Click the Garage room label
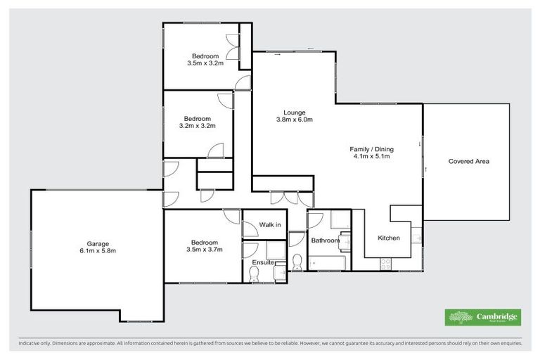pos(97,243)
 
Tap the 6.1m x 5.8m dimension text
pos(97,250)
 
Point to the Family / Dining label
pos(371,149)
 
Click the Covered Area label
pos(468,161)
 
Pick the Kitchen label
pos(389,238)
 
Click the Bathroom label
pos(326,240)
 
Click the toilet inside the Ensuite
pos(254,276)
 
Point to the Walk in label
pos(270,225)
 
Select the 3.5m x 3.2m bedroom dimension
pos(205,63)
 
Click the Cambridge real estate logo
pos(483,317)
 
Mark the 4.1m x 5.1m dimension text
pos(371,156)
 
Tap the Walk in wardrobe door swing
pos(249,229)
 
